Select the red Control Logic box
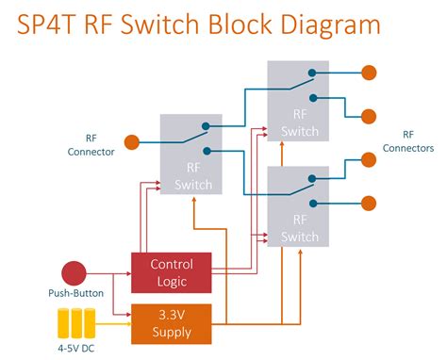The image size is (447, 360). point(171,271)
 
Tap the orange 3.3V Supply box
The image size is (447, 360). point(171,322)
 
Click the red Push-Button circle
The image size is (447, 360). point(74,273)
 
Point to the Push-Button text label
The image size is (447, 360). point(74,294)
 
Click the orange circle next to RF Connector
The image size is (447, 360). point(132,143)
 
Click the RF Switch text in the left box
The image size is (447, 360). point(193,177)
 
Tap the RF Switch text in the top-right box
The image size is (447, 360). point(300,124)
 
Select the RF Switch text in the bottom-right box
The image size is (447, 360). point(300,226)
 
